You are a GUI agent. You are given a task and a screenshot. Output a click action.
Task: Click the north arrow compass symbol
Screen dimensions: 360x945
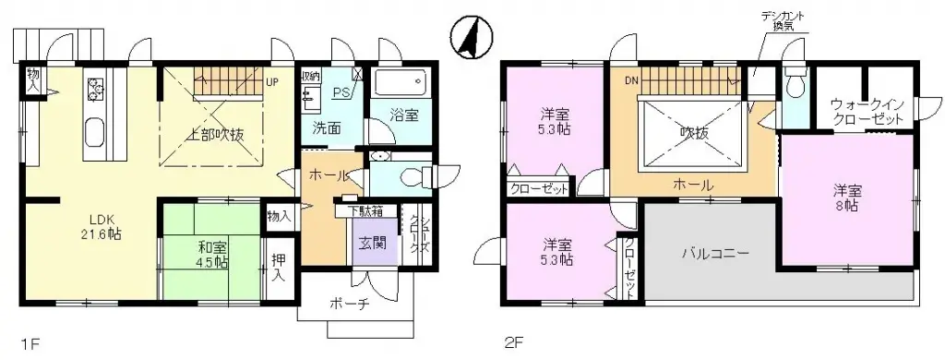point(469,38)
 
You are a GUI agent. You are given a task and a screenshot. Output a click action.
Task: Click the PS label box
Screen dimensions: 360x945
point(341,92)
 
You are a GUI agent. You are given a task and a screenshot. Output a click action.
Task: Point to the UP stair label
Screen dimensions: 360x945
point(272,80)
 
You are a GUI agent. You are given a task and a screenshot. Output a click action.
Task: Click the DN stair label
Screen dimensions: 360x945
point(631,80)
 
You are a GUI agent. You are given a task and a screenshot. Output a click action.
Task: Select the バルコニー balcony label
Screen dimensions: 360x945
point(715,252)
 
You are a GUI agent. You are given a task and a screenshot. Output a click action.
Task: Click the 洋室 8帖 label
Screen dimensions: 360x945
point(846,198)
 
